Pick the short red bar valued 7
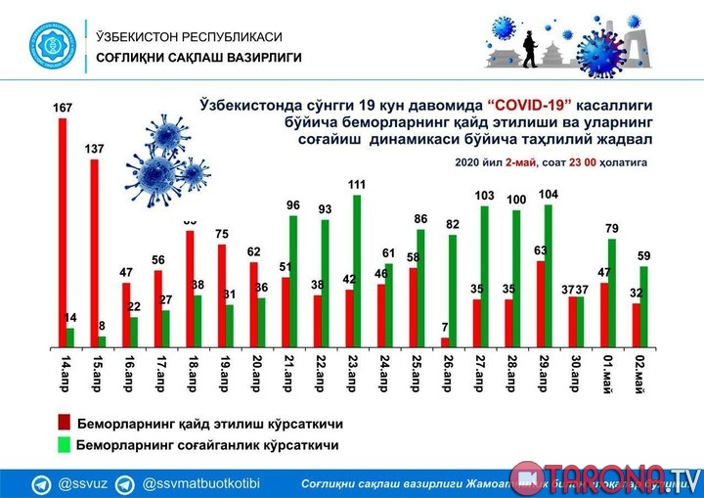pos(445,341)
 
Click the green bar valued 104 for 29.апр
pos(549,275)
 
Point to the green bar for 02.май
pos(643,306)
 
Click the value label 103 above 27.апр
pos(484,196)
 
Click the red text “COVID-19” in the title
pos(529,104)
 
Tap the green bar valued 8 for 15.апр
pos(101,340)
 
